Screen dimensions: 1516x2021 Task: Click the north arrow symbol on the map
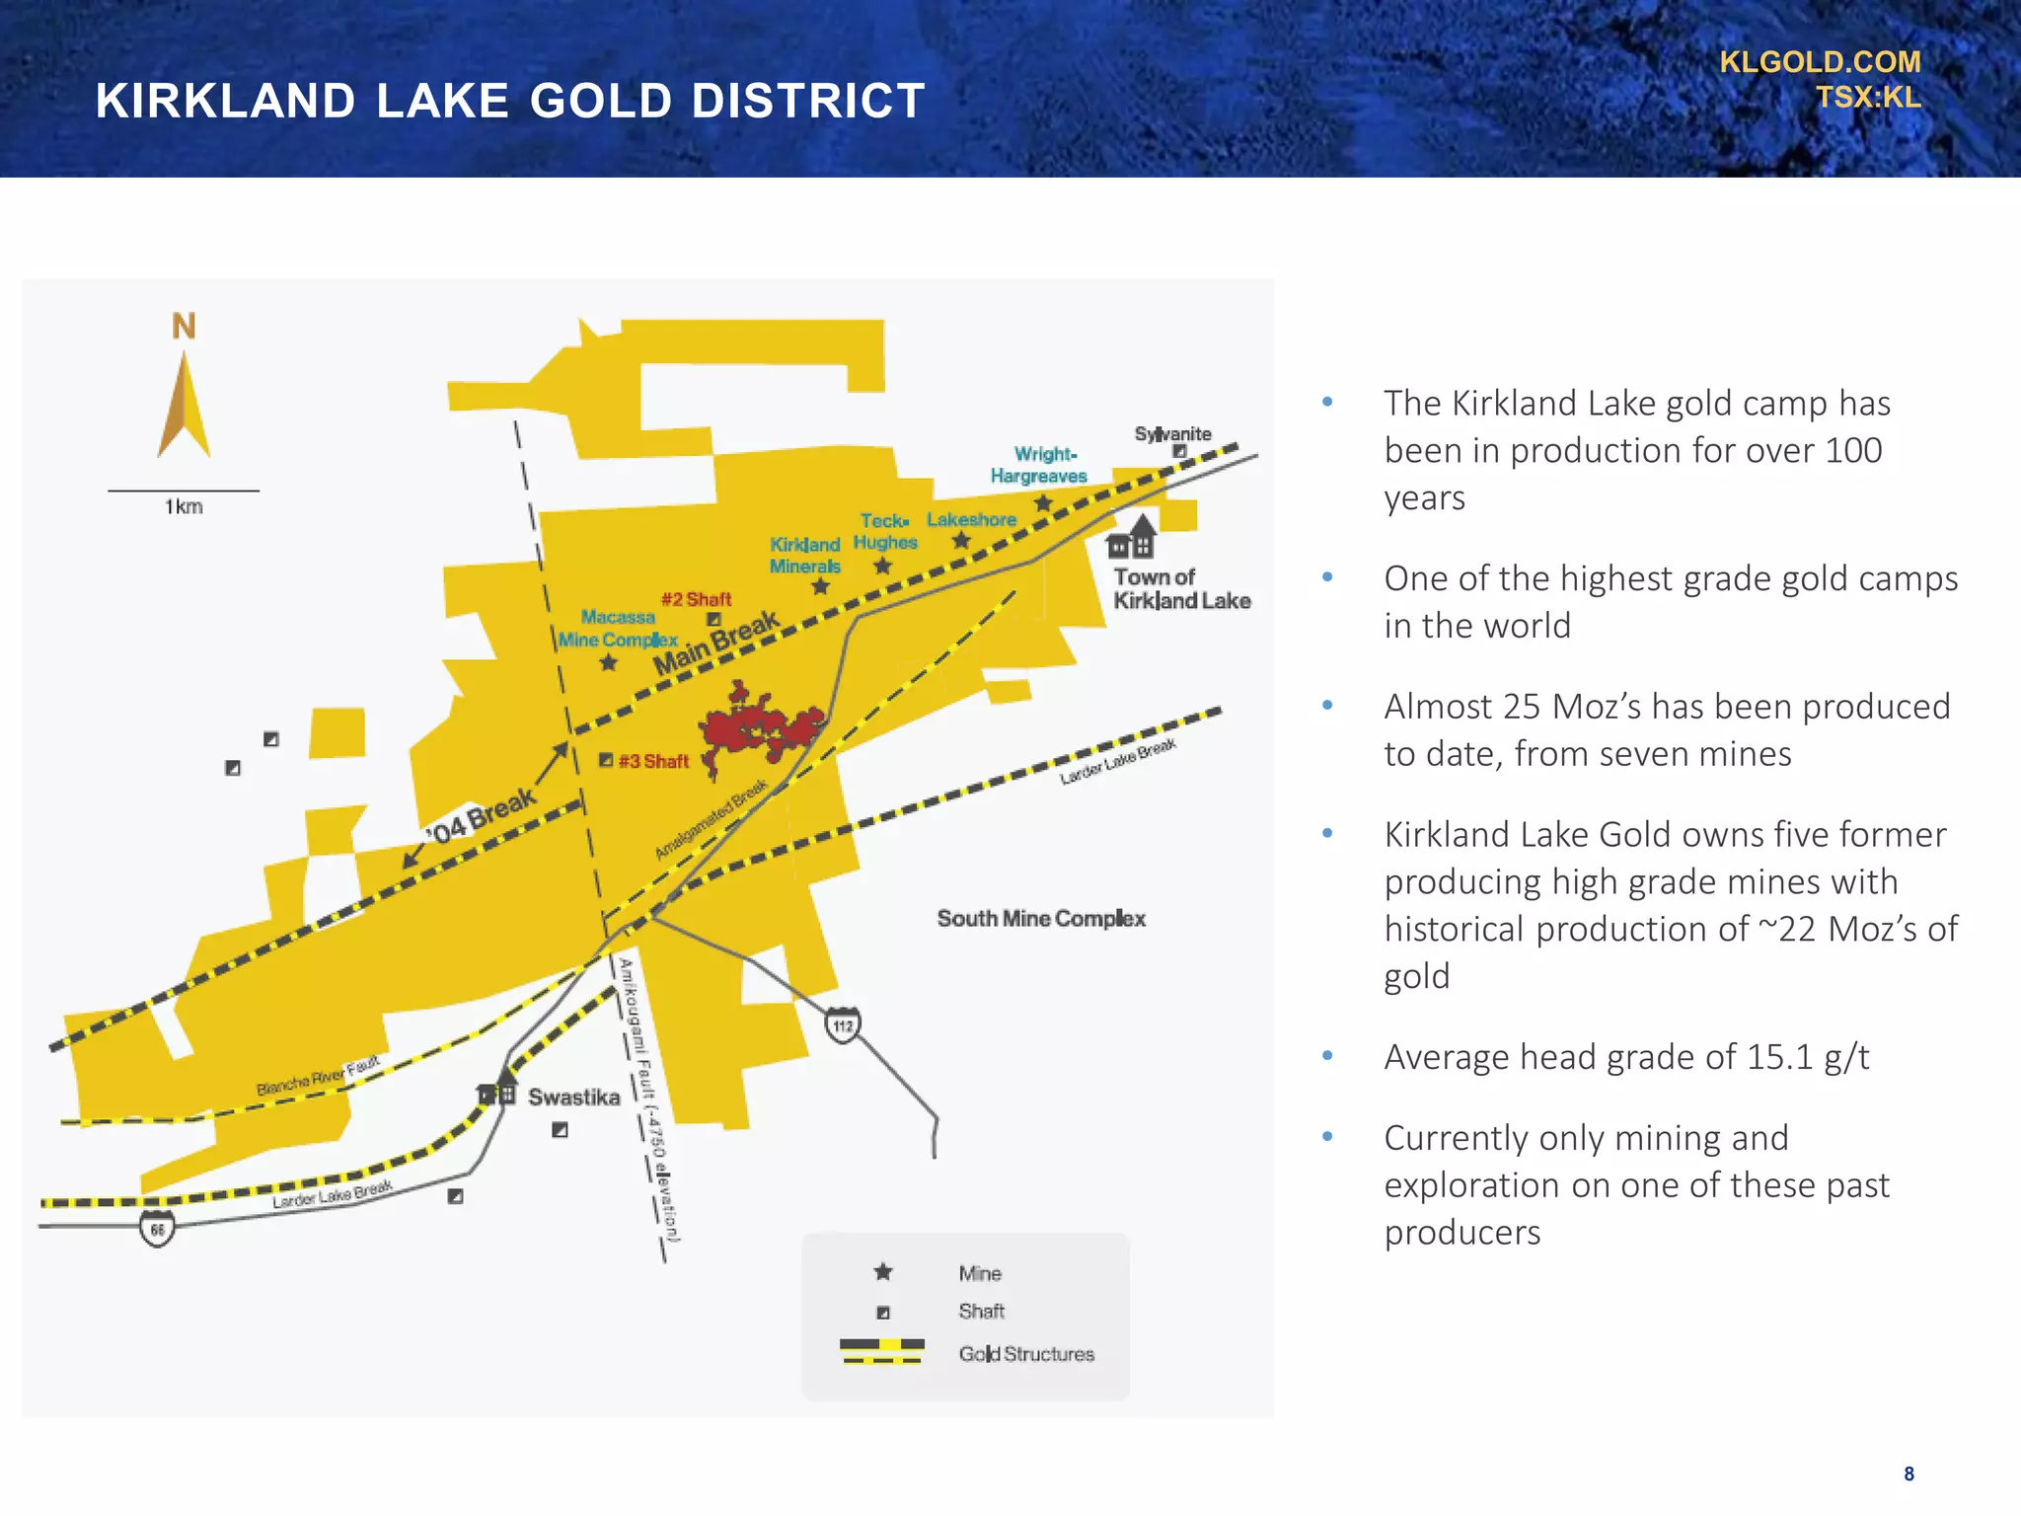pyautogui.click(x=184, y=405)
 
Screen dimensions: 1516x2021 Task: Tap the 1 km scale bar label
pyautogui.click(x=184, y=507)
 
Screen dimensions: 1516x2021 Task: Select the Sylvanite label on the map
pyautogui.click(x=1172, y=434)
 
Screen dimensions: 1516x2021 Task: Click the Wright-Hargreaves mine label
pyautogui.click(x=1040, y=465)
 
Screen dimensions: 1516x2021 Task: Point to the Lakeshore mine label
pyautogui.click(x=971, y=520)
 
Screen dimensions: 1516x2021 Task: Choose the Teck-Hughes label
pyautogui.click(x=885, y=532)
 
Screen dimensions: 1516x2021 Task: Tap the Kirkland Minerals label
pyautogui.click(x=805, y=556)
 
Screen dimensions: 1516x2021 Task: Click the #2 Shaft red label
pyautogui.click(x=697, y=599)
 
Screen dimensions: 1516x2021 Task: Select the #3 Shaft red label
pyautogui.click(x=653, y=761)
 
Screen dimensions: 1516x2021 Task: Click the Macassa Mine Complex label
pyautogui.click(x=618, y=629)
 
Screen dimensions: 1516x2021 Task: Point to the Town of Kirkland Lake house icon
pyautogui.click(x=1132, y=538)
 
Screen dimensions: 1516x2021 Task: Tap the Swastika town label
pyautogui.click(x=574, y=1098)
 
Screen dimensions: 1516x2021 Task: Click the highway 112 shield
pyautogui.click(x=843, y=1025)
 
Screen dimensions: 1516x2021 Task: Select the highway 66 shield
pyautogui.click(x=157, y=1230)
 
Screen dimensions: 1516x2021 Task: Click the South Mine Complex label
pyautogui.click(x=1041, y=919)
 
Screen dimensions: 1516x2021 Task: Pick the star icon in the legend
pyautogui.click(x=883, y=1272)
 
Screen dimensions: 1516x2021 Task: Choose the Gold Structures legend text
pyautogui.click(x=1026, y=1354)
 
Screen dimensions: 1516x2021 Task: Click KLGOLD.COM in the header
pyautogui.click(x=1820, y=62)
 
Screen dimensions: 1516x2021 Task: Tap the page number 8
pyautogui.click(x=1909, y=1474)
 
